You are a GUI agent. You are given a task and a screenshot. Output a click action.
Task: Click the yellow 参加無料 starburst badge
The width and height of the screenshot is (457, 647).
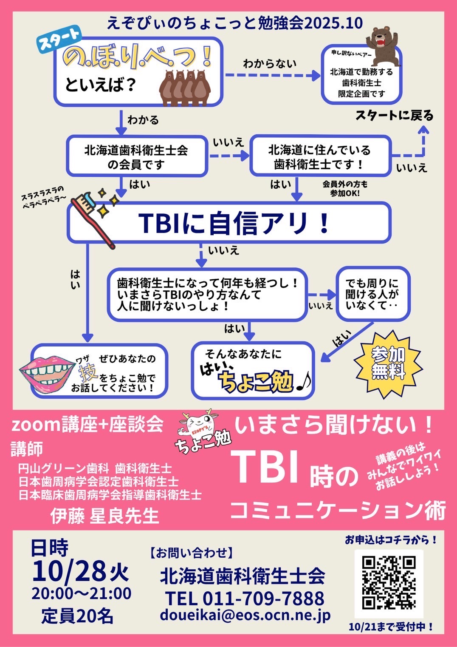coord(388,364)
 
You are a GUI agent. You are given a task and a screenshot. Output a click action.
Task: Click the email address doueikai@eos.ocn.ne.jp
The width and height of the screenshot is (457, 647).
coord(245,615)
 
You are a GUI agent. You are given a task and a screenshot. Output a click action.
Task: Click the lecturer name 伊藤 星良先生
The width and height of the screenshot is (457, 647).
coord(104,516)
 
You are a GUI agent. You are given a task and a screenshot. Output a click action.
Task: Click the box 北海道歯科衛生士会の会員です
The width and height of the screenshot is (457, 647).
coord(136,156)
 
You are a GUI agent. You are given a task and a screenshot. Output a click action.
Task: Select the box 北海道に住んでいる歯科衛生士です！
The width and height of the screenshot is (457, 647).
coord(319,156)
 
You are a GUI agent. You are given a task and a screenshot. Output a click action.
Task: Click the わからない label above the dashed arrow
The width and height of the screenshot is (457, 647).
coord(270,64)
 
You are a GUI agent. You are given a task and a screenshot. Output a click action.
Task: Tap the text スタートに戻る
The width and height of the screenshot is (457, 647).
coord(394,116)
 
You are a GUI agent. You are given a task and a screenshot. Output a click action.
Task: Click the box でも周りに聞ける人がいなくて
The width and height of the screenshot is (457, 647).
coord(373,294)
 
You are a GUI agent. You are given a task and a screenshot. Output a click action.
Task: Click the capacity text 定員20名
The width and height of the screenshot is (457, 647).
coord(77,616)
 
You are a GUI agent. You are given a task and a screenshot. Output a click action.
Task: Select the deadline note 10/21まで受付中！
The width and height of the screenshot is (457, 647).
coord(391,627)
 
